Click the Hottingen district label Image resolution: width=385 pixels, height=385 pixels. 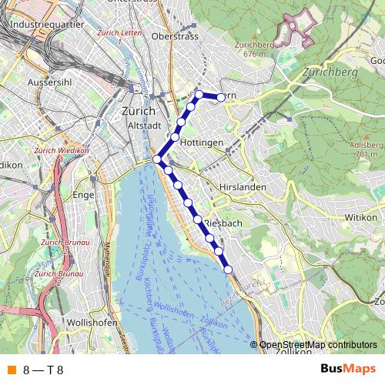click(x=204, y=144)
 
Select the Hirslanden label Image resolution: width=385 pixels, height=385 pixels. click(x=241, y=187)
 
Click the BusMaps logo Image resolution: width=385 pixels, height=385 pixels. click(x=348, y=370)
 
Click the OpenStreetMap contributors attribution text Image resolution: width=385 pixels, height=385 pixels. click(x=318, y=345)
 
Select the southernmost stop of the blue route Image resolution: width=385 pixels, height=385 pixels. click(x=228, y=269)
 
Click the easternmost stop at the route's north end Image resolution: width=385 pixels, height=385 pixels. click(x=221, y=97)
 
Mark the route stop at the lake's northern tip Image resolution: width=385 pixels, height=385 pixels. click(x=156, y=159)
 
